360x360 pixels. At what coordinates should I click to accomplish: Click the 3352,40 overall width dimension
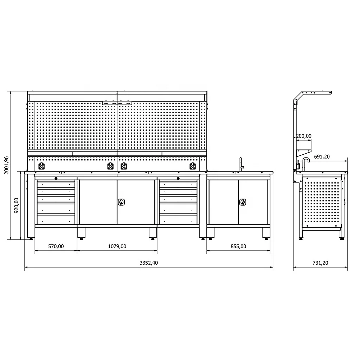(149, 263)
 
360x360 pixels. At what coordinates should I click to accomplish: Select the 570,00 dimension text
(56, 246)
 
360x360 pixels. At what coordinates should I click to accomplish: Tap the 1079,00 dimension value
(117, 246)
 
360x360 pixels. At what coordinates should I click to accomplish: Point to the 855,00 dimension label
(238, 246)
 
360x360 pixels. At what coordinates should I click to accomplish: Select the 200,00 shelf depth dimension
(303, 136)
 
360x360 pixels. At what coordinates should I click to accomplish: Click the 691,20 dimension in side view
(321, 157)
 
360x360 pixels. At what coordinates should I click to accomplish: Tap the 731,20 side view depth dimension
(320, 263)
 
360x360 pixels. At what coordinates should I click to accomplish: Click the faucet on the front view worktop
(241, 165)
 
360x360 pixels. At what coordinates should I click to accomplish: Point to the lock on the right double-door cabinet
(242, 202)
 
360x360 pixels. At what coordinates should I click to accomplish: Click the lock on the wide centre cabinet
(121, 202)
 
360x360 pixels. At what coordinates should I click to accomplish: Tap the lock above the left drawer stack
(56, 178)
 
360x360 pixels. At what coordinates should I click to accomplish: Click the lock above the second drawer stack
(178, 178)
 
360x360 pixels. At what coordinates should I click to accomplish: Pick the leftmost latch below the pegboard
(41, 166)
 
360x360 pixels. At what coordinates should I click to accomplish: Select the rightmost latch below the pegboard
(192, 166)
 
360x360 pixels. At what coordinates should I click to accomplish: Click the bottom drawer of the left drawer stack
(56, 219)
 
